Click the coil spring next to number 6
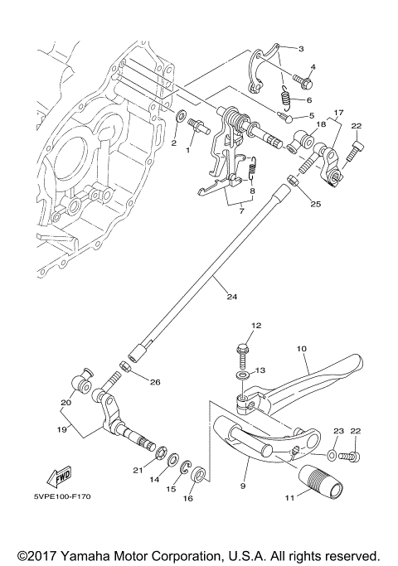tap(284, 99)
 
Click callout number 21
tap(138, 471)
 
